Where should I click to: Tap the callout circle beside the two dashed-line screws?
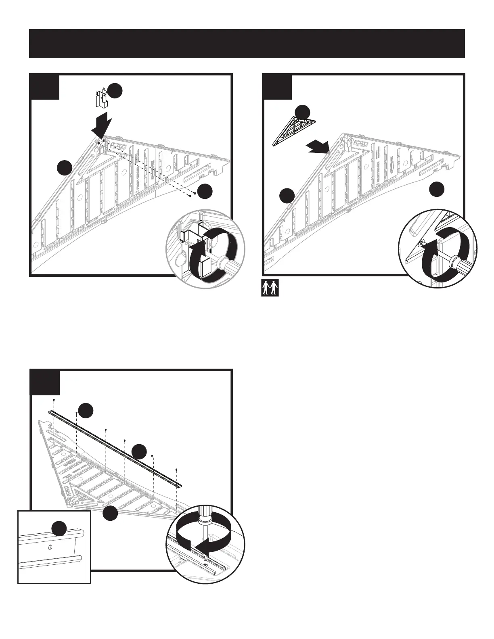pyautogui.click(x=205, y=192)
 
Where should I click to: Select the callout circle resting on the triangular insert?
pyautogui.click(x=302, y=112)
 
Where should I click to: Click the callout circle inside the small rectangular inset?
pyautogui.click(x=60, y=528)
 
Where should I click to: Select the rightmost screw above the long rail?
pyautogui.click(x=177, y=470)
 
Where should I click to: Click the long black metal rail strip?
pyautogui.click(x=115, y=448)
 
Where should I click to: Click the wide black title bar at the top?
pyautogui.click(x=247, y=44)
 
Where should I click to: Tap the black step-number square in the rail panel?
pyautogui.click(x=45, y=382)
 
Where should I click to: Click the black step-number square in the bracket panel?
pyautogui.click(x=45, y=86)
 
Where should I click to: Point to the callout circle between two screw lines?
pyautogui.click(x=139, y=452)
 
